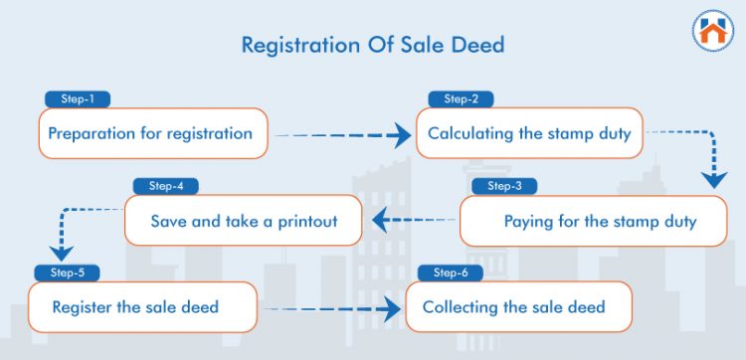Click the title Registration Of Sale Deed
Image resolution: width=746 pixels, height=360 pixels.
coord(373,46)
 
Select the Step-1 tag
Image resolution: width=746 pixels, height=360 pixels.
coord(77,99)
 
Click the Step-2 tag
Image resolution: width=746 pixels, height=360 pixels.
coord(461,99)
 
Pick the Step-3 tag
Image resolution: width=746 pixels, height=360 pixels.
coord(504,186)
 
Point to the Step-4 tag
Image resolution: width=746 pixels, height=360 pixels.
coord(166,186)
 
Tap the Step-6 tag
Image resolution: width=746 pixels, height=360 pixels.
coord(451,272)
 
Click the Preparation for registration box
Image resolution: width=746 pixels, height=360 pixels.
coord(154,133)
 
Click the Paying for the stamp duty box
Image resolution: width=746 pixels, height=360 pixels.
coord(594,221)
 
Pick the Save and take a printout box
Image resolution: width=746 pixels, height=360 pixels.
coord(244,221)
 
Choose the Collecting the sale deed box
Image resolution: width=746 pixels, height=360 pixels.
coord(518,306)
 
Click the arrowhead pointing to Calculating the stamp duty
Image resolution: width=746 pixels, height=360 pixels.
coord(400,134)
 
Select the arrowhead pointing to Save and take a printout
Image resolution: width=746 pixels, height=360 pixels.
coord(379,221)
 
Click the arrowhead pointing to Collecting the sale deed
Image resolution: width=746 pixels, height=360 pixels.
coord(391,307)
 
